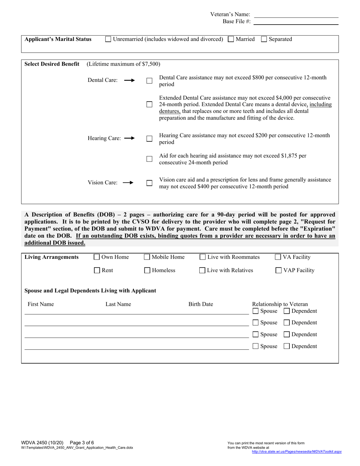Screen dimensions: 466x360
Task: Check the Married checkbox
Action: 231,39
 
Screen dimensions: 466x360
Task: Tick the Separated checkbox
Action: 264,39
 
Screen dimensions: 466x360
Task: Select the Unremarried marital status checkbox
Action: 108,39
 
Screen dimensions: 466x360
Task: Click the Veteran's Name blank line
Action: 296,15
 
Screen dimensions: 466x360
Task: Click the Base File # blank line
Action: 296,22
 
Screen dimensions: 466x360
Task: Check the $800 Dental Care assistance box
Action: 149,81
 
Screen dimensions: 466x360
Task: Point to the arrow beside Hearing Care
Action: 129,138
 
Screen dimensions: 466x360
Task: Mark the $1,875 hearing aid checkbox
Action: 149,159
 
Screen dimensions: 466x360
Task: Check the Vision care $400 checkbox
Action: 149,183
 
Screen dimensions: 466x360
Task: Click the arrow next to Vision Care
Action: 128,183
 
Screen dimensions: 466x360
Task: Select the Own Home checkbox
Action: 97,257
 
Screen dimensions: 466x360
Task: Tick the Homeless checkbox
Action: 147,271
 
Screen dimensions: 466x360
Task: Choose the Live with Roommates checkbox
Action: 203,257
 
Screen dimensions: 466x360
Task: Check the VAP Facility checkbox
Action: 279,271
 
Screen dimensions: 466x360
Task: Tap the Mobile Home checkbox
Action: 147,257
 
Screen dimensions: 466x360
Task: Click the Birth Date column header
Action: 200,304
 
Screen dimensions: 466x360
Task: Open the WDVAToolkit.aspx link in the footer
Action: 297,452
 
